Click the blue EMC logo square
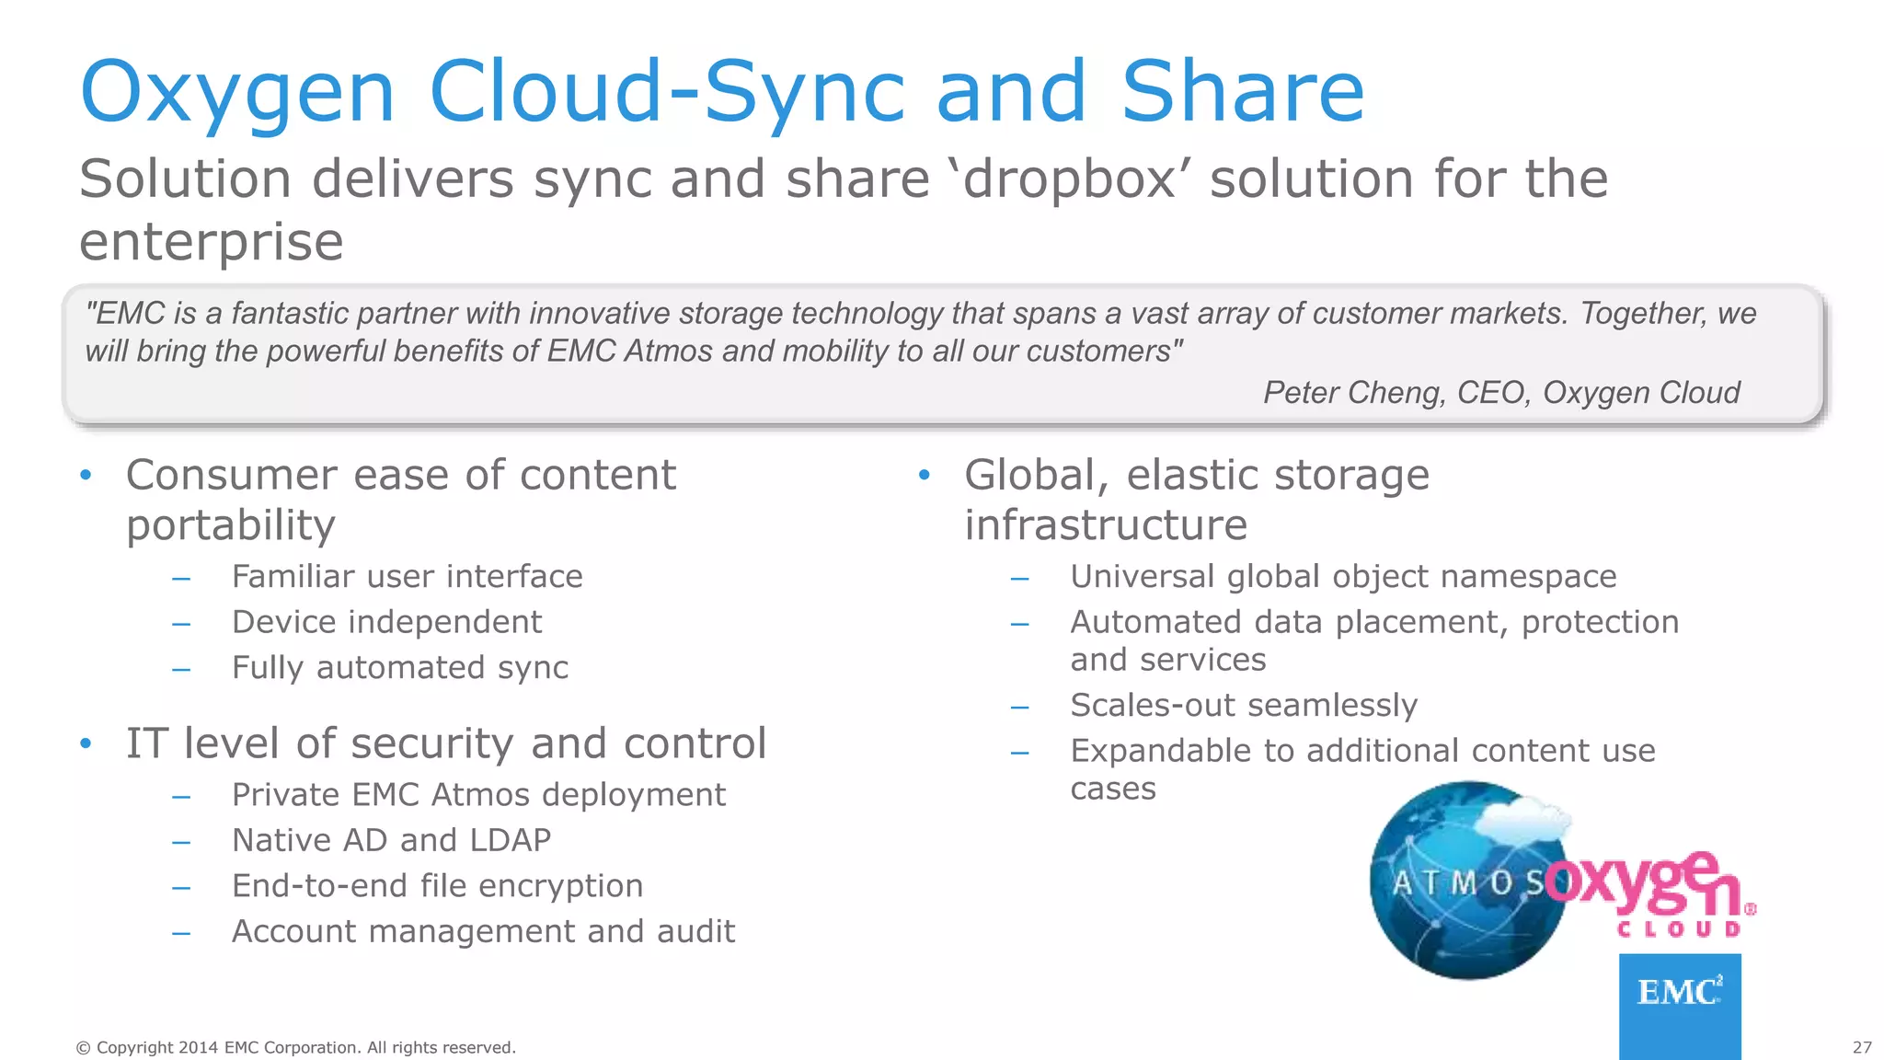[x=1680, y=1005]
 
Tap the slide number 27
[x=1862, y=1047]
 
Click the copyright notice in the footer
[x=295, y=1047]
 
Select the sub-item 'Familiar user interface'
[x=407, y=577]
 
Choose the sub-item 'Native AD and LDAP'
[x=391, y=840]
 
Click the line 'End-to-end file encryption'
[x=437, y=886]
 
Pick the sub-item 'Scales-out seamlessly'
[x=1244, y=706]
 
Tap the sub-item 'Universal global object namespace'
[x=1343, y=577]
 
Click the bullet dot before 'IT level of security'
[x=86, y=743]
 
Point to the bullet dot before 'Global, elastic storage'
[x=925, y=475]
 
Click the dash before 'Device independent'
[x=181, y=624]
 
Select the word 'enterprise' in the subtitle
[x=212, y=241]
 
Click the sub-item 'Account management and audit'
[x=483, y=932]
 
